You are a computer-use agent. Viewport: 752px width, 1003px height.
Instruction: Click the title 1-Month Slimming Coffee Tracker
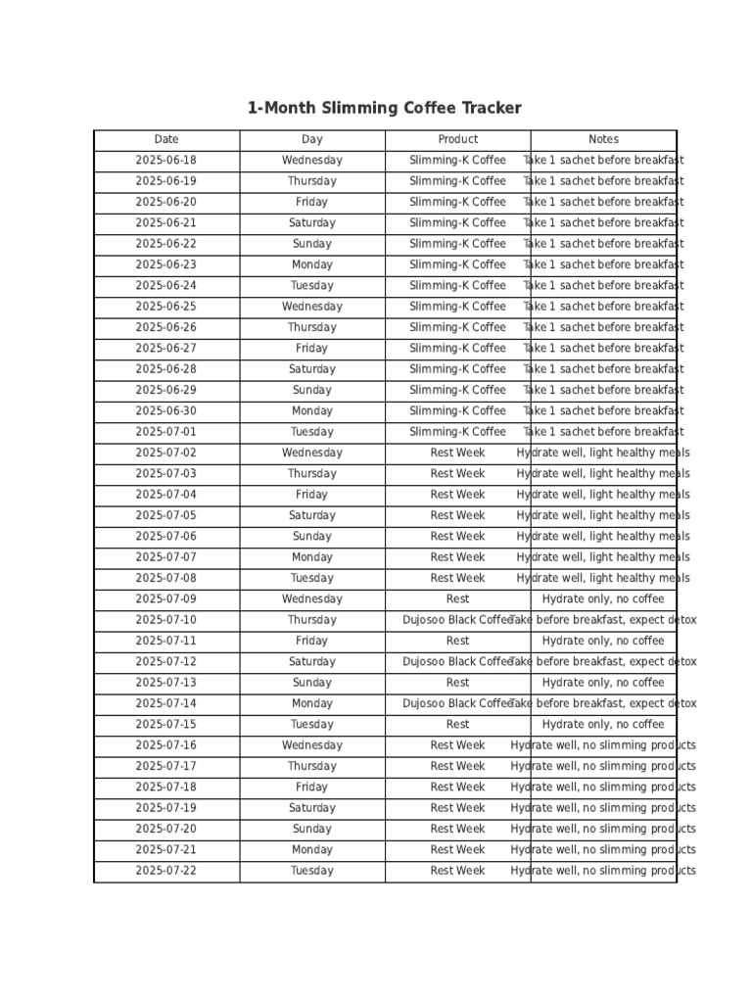384,109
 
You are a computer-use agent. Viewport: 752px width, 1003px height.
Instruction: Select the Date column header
166,139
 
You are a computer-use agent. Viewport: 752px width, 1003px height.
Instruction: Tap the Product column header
457,139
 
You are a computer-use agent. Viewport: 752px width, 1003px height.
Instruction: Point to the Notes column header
603,139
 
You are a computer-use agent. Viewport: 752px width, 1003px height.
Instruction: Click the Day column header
311,139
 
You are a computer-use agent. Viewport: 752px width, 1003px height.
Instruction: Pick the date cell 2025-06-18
166,161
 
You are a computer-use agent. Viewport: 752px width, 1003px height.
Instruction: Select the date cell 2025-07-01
166,432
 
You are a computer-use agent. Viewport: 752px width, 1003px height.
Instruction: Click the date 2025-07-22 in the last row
166,871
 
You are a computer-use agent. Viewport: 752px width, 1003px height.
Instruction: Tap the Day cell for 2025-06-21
311,223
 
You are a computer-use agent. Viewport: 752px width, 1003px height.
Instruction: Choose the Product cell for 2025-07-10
457,620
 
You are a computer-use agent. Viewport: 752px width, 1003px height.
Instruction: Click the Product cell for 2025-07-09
457,599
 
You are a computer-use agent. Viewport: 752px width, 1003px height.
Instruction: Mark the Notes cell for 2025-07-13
603,683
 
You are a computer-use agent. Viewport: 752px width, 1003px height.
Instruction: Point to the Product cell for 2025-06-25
457,307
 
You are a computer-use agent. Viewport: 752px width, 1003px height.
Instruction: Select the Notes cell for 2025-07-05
603,515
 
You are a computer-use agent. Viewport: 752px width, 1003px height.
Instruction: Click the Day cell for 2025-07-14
311,703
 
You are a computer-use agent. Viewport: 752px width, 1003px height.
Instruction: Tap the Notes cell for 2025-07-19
603,808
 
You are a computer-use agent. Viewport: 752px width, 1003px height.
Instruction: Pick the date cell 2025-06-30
166,411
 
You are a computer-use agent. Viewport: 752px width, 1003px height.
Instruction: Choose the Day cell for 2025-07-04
311,495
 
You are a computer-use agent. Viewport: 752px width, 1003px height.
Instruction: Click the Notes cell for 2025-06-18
603,161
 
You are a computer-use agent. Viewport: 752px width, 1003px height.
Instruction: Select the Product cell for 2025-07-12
457,662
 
